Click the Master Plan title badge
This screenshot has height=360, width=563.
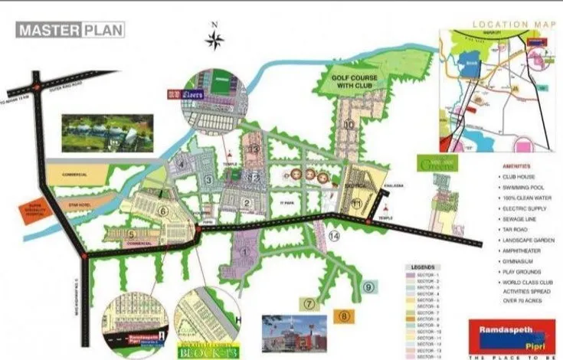71,31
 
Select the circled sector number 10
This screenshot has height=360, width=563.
349,124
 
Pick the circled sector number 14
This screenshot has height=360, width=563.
333,237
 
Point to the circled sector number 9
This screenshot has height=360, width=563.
368,287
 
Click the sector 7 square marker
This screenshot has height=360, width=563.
309,304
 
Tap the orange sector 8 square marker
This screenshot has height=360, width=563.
344,315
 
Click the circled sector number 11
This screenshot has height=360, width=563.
357,202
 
